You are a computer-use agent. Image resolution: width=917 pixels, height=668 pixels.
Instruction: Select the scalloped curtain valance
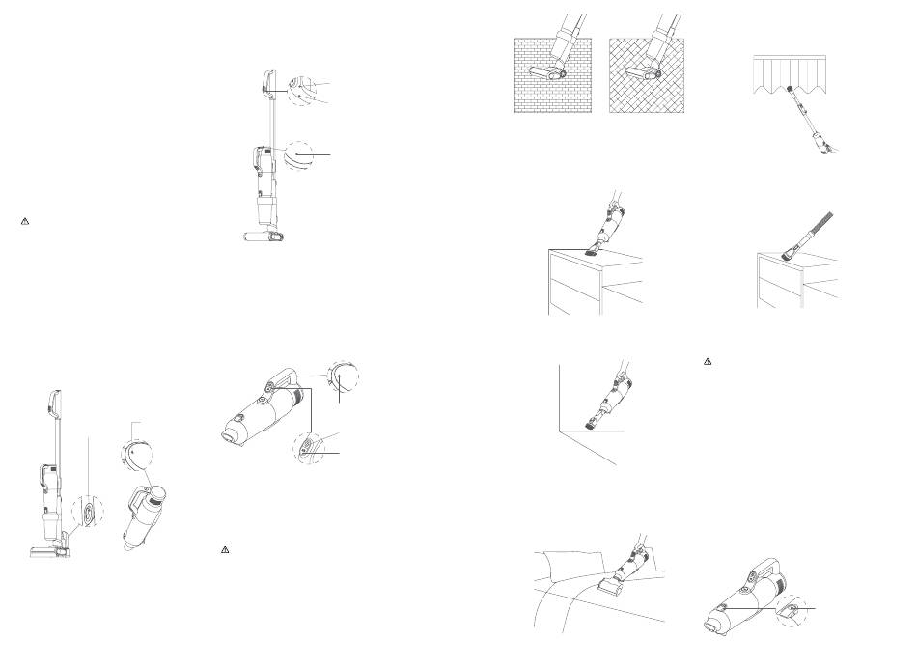coord(790,73)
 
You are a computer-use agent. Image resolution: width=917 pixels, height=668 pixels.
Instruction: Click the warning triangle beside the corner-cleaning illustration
coord(708,361)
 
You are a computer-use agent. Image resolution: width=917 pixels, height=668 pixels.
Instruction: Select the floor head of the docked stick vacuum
coord(48,550)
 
